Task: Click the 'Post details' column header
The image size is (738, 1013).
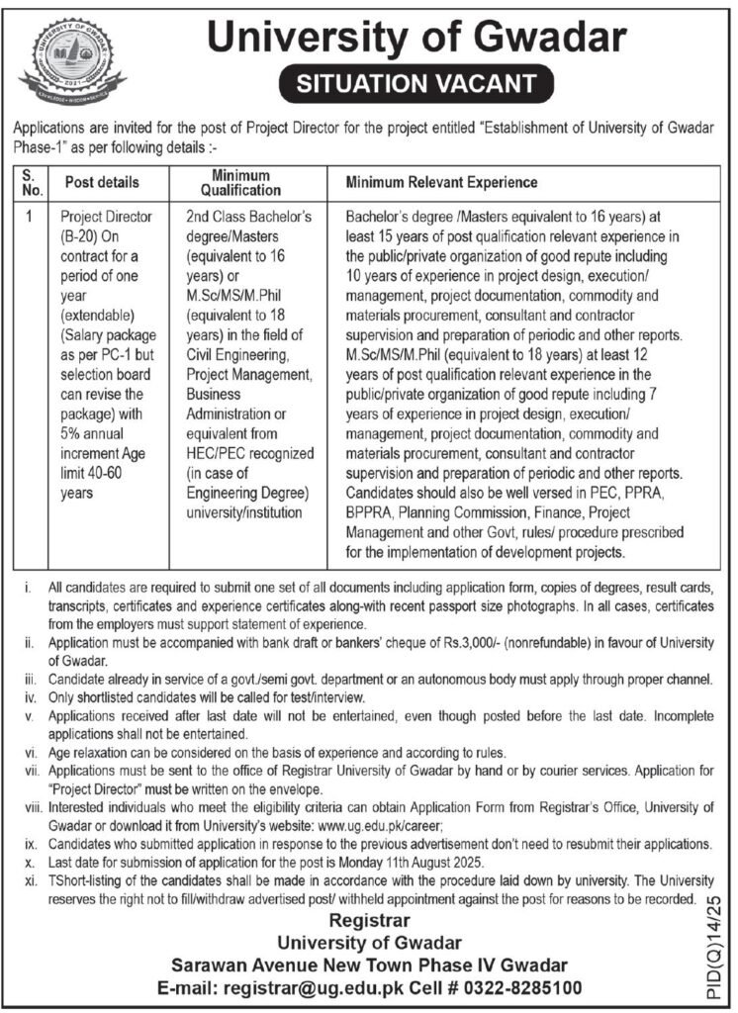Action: (x=102, y=183)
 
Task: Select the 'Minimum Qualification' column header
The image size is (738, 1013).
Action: (x=239, y=183)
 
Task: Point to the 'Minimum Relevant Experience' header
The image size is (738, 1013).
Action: (x=441, y=183)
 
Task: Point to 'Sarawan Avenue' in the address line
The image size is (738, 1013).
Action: (x=231, y=965)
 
